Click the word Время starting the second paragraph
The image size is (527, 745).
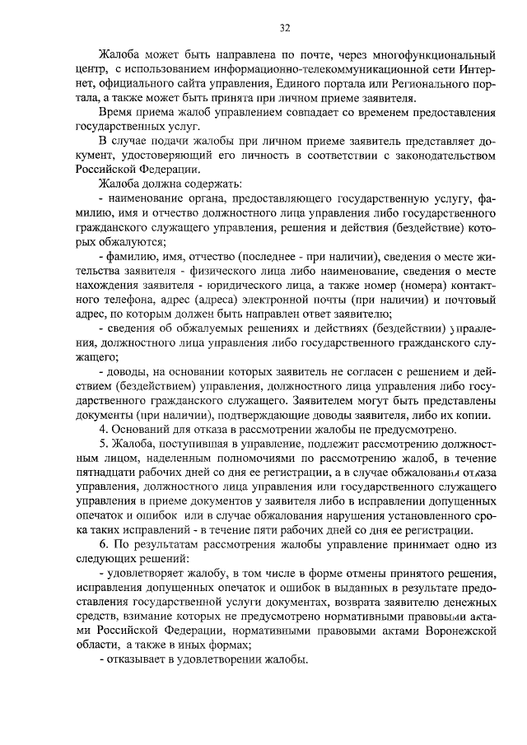pyautogui.click(x=114, y=114)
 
